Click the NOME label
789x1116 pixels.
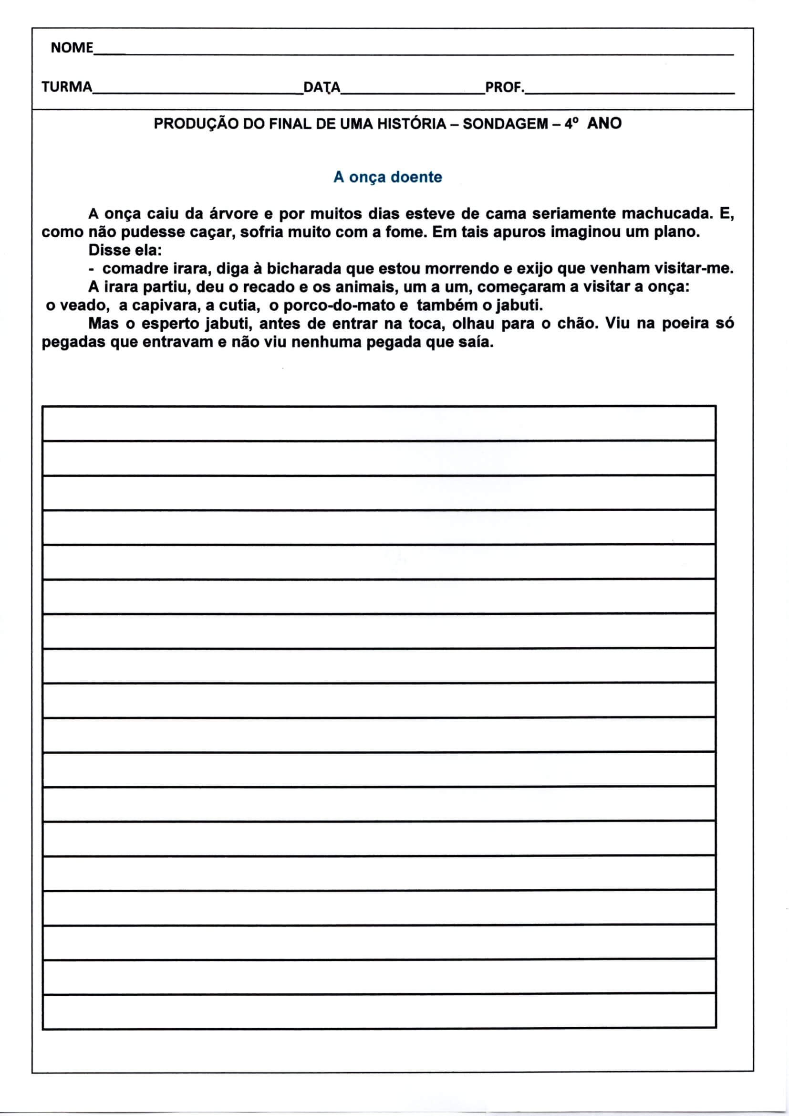click(72, 48)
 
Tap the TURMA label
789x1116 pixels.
click(67, 87)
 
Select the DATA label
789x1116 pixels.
click(322, 87)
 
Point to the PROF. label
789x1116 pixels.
click(505, 87)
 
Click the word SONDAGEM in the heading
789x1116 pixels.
click(505, 124)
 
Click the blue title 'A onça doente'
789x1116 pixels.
click(388, 177)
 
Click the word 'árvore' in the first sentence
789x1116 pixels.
click(234, 214)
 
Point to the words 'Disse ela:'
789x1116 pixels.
click(125, 250)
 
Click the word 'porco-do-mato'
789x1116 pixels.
click(339, 305)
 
